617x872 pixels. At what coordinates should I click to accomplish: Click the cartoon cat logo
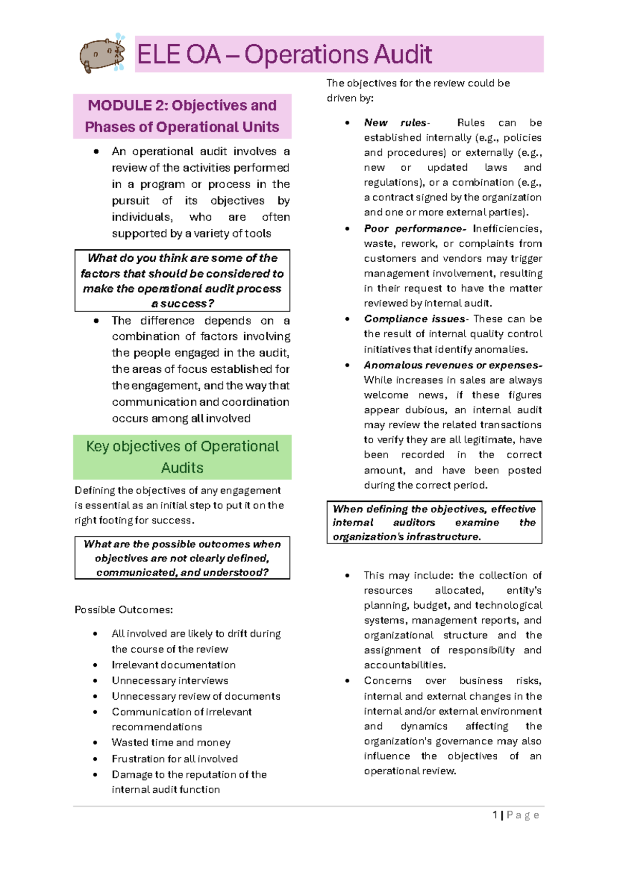pyautogui.click(x=102, y=53)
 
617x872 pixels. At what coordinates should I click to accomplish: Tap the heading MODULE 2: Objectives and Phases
pyautogui.click(x=182, y=116)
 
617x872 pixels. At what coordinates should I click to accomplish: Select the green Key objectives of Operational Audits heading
pyautogui.click(x=182, y=457)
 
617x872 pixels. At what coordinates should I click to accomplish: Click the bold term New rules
pyautogui.click(x=395, y=123)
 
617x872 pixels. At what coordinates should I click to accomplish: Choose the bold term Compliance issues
pyautogui.click(x=413, y=319)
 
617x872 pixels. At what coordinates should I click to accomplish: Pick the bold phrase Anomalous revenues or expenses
pyautogui.click(x=452, y=366)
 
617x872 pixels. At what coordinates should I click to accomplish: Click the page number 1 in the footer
pyautogui.click(x=495, y=815)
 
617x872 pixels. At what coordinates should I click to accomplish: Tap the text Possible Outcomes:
pyautogui.click(x=123, y=610)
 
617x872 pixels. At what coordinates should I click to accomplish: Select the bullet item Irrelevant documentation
pyautogui.click(x=173, y=665)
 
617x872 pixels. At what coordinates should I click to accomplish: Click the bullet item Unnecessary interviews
pyautogui.click(x=170, y=681)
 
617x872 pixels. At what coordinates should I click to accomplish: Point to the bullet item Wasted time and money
pyautogui.click(x=171, y=742)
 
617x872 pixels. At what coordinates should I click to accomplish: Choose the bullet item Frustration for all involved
pyautogui.click(x=174, y=759)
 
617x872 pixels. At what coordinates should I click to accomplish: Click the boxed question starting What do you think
pyautogui.click(x=182, y=281)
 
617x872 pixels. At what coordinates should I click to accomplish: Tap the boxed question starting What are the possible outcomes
pyautogui.click(x=182, y=558)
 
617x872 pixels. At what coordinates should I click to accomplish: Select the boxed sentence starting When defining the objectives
pyautogui.click(x=434, y=522)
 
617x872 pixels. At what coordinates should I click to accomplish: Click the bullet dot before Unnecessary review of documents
pyautogui.click(x=95, y=697)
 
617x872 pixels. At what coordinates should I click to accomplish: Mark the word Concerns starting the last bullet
pyautogui.click(x=388, y=681)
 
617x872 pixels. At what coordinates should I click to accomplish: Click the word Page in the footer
pyautogui.click(x=522, y=815)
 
